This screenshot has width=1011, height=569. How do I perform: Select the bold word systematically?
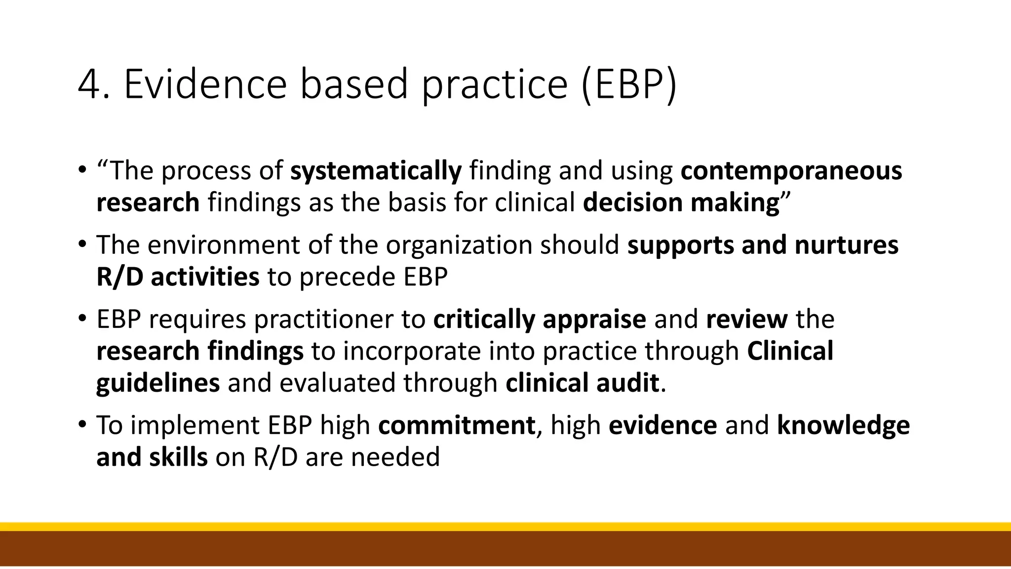click(376, 171)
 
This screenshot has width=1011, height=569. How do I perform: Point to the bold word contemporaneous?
click(791, 171)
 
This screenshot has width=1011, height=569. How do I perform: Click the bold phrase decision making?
click(681, 203)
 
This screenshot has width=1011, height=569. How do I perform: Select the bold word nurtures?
click(846, 245)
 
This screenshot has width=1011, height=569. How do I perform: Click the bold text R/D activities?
click(178, 277)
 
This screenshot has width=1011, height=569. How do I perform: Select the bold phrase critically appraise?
click(540, 320)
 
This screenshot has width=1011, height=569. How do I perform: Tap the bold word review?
click(746, 320)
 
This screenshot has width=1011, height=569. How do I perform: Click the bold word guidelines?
click(158, 383)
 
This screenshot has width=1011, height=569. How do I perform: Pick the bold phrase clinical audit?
click(582, 383)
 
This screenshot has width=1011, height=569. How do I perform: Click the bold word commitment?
click(457, 426)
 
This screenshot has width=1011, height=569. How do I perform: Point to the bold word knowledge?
click(843, 426)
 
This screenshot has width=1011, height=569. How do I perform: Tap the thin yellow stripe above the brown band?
click(505, 527)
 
